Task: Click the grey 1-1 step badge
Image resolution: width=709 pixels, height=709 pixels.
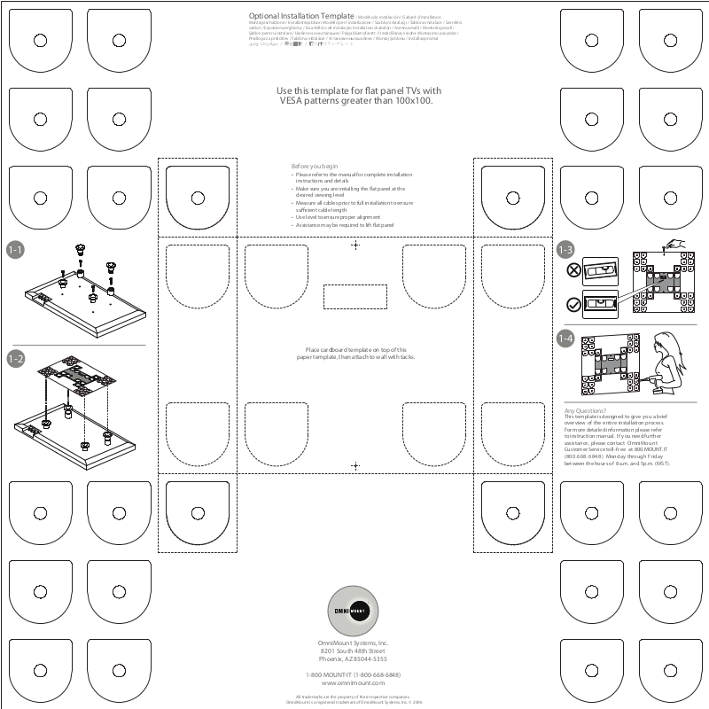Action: [x=15, y=251]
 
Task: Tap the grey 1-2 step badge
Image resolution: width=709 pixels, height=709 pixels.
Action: [x=15, y=358]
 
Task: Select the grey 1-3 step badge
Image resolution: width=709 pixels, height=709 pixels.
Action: [x=565, y=251]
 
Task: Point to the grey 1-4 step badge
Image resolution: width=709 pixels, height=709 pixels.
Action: [x=565, y=338]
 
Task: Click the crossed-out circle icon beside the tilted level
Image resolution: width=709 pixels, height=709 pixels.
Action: [x=573, y=270]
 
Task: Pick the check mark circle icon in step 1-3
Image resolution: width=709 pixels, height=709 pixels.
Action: [x=573, y=304]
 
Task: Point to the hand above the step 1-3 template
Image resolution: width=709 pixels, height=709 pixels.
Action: [x=676, y=243]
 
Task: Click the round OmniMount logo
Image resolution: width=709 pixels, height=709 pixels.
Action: [x=354, y=608]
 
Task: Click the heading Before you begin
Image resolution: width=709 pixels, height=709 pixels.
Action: [x=315, y=167]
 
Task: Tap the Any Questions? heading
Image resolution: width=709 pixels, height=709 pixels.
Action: [x=585, y=411]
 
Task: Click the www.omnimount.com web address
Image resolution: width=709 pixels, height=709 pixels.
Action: [x=354, y=683]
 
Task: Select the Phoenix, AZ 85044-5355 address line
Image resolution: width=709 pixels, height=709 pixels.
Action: [x=354, y=659]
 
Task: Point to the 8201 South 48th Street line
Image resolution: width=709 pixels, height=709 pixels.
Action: [x=354, y=651]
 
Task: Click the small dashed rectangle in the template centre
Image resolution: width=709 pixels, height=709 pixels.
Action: [x=355, y=297]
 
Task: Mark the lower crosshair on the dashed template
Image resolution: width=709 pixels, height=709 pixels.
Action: [x=355, y=465]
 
